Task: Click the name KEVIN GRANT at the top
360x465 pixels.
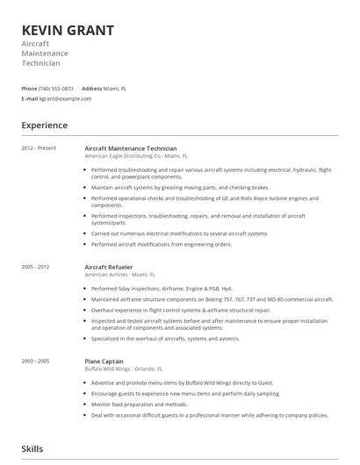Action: [x=68, y=31]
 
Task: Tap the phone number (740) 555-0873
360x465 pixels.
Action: [x=57, y=89]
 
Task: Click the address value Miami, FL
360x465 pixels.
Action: [x=115, y=89]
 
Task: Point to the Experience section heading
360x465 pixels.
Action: [x=44, y=125]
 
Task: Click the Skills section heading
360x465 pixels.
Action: [x=32, y=448]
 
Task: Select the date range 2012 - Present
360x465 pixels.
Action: [x=39, y=148]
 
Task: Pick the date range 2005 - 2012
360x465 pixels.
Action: [x=36, y=266]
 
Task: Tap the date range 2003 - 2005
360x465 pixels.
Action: [x=36, y=361]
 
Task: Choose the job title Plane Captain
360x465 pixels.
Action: [x=104, y=361]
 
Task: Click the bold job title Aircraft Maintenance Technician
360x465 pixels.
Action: [x=130, y=148]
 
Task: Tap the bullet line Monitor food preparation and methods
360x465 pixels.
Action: [x=139, y=404]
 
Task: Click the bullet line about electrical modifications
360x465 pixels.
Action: [x=180, y=233]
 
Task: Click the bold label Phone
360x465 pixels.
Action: [x=29, y=89]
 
